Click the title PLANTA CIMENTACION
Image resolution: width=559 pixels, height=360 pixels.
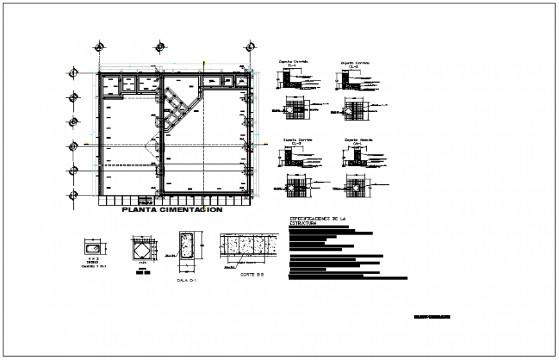coord(172,210)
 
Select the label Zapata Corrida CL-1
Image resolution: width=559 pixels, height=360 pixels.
coord(292,64)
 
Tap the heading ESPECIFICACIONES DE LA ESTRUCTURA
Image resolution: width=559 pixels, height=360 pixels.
coord(317,221)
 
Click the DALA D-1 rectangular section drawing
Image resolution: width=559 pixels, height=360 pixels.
coord(187,248)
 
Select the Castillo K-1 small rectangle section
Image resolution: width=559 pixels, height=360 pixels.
coord(90,248)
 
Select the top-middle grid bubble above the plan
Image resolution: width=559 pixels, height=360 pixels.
coord(159,48)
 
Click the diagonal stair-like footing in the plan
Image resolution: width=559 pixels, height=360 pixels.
coord(176,109)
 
